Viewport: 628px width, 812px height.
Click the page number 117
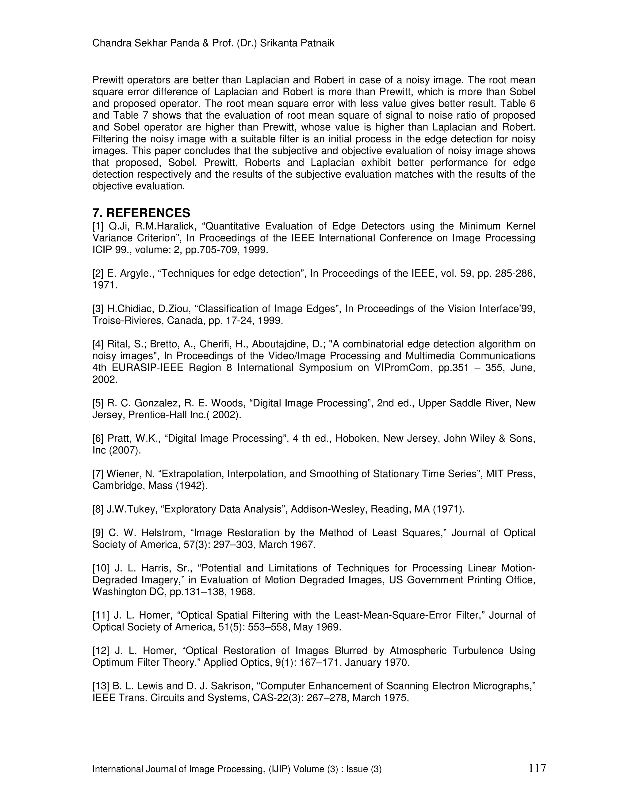(537, 767)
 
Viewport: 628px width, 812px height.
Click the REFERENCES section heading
(148, 213)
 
